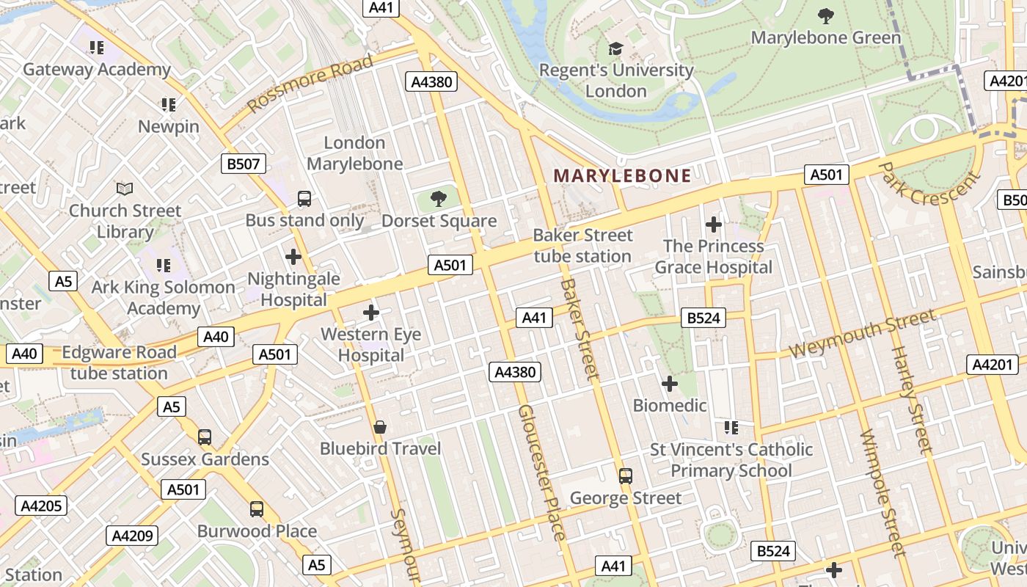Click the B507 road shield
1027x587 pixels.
pyautogui.click(x=244, y=164)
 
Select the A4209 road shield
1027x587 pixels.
pyautogui.click(x=133, y=536)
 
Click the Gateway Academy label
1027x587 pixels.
pyautogui.click(x=97, y=70)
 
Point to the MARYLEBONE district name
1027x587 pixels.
pyautogui.click(x=623, y=175)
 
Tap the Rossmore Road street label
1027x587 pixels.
pyautogui.click(x=310, y=84)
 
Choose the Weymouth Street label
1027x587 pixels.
pyautogui.click(x=863, y=334)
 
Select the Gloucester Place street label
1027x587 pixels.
pyautogui.click(x=541, y=473)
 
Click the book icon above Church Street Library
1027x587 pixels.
pyautogui.click(x=125, y=189)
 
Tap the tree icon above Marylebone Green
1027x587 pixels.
pyautogui.click(x=826, y=15)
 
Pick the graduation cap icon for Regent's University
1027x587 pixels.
pyautogui.click(x=615, y=49)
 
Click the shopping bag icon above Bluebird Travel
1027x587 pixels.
pyautogui.click(x=380, y=427)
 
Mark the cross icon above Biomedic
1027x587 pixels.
pyautogui.click(x=669, y=383)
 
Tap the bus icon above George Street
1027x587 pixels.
pyautogui.click(x=625, y=475)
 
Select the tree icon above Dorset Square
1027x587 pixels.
pyautogui.click(x=439, y=199)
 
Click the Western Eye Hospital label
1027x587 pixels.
pyautogui.click(x=371, y=345)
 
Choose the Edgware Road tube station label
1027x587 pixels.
pyautogui.click(x=119, y=362)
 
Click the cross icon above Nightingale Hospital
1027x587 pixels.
pyautogui.click(x=293, y=257)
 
